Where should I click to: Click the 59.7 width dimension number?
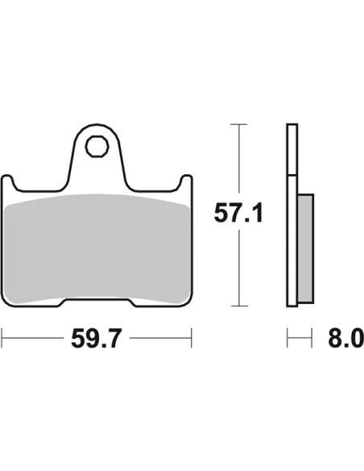[97, 338]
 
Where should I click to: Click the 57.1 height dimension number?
[238, 213]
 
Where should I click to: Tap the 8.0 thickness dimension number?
[346, 338]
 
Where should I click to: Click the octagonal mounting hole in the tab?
[96, 146]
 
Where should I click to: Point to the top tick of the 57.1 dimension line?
[238, 124]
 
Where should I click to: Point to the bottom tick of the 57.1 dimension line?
[239, 306]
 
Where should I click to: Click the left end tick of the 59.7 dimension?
[2, 338]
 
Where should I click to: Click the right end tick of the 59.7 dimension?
[192, 338]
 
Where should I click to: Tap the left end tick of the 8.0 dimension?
[287, 338]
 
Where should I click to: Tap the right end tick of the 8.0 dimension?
[312, 338]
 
